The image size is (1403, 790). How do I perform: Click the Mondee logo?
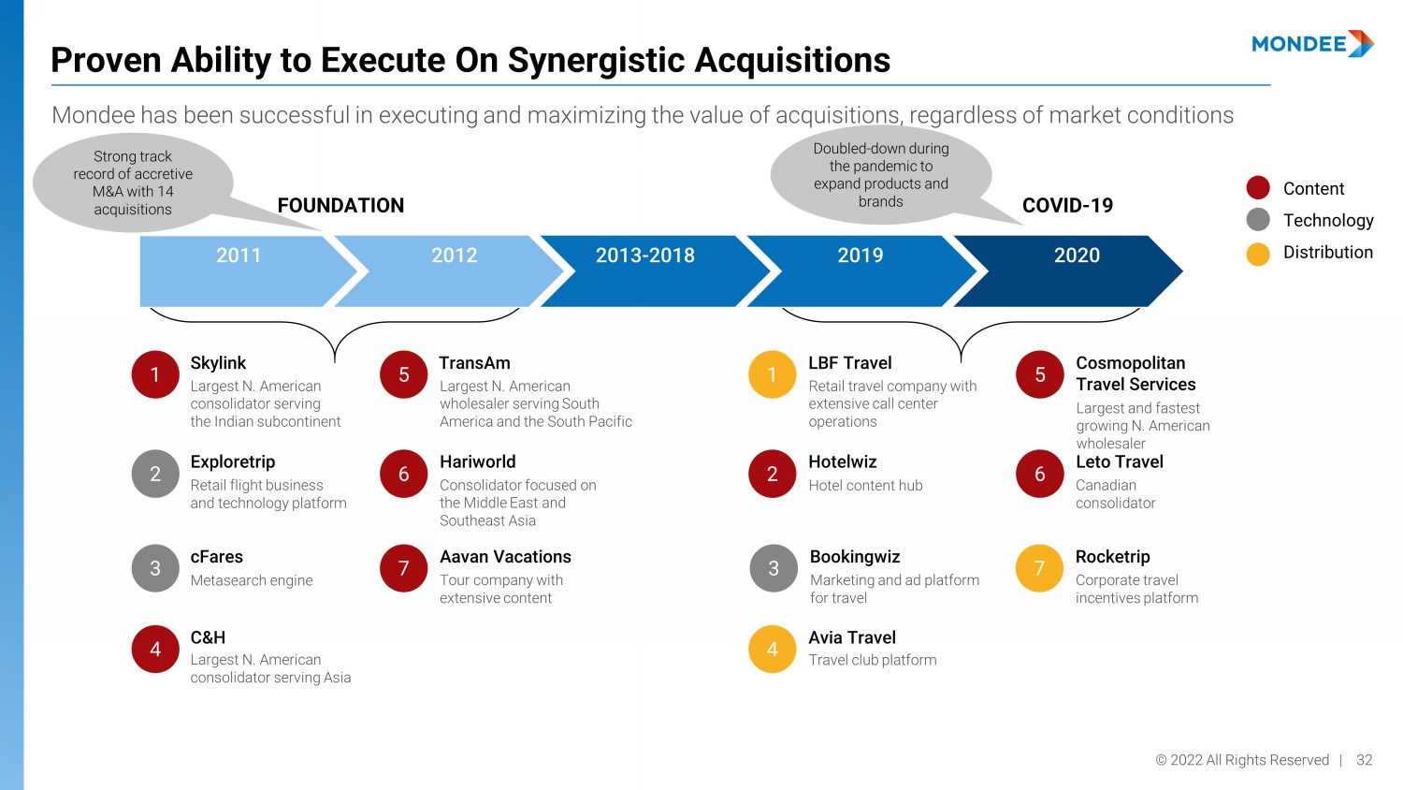tap(1312, 44)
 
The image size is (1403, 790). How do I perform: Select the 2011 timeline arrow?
tap(239, 270)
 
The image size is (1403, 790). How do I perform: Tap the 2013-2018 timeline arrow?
tap(645, 270)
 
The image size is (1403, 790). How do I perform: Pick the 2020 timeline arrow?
tap(1076, 270)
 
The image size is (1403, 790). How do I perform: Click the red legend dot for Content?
tap(1258, 188)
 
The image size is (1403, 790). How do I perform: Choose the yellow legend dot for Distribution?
tap(1258, 254)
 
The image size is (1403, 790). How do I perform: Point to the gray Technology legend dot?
tap(1258, 220)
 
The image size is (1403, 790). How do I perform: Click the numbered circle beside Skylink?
tap(155, 374)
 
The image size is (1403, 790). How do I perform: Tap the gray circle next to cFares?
tap(155, 568)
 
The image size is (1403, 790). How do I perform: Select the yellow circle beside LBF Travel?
tap(773, 374)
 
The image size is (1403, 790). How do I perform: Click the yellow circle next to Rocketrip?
tap(1039, 568)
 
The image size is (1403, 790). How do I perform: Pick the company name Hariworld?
tap(478, 461)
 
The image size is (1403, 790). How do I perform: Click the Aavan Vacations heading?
tap(505, 557)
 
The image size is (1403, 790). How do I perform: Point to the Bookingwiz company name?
tap(855, 557)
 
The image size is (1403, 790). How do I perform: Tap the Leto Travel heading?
tap(1120, 461)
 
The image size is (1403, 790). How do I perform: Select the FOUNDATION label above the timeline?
tap(340, 206)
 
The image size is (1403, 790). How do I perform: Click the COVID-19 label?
tap(1067, 206)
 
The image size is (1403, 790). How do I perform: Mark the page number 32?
tap(1365, 760)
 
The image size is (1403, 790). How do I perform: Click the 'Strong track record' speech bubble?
tap(134, 183)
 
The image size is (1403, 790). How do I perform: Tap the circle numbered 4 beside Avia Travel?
tap(773, 649)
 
